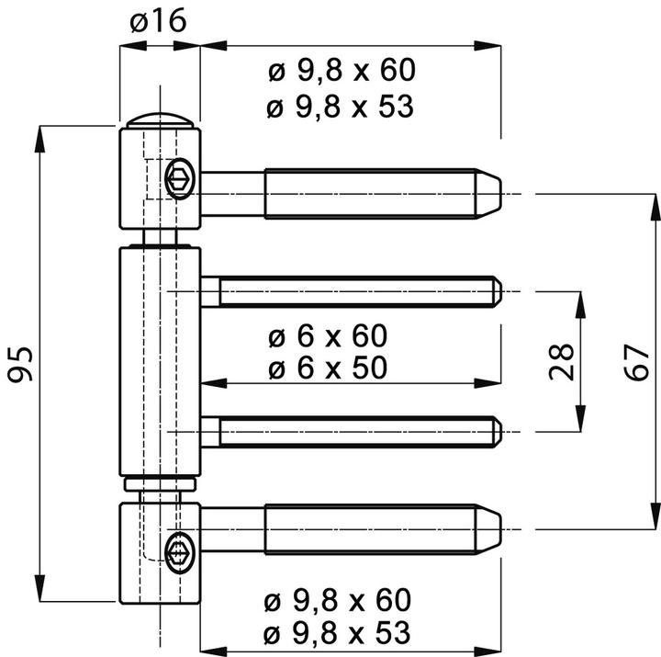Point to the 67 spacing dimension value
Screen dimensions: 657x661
[634, 362]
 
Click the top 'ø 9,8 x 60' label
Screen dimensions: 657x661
[341, 70]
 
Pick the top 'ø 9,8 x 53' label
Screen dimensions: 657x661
[341, 107]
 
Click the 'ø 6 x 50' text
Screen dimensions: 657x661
[328, 368]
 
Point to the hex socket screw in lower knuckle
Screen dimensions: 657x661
[179, 550]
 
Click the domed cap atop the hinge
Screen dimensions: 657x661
[160, 120]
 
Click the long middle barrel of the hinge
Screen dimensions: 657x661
[159, 362]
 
